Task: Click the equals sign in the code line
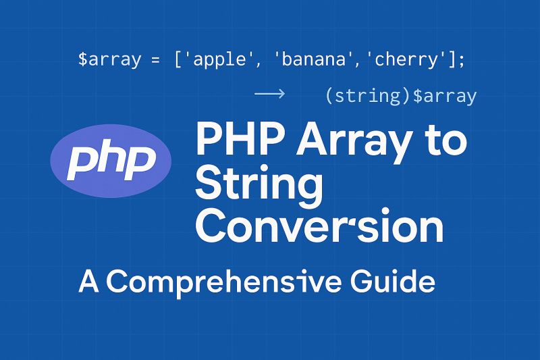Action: (156, 60)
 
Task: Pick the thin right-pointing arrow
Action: (269, 95)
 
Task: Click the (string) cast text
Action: (368, 96)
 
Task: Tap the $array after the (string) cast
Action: (445, 96)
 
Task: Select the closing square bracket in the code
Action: (450, 60)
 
